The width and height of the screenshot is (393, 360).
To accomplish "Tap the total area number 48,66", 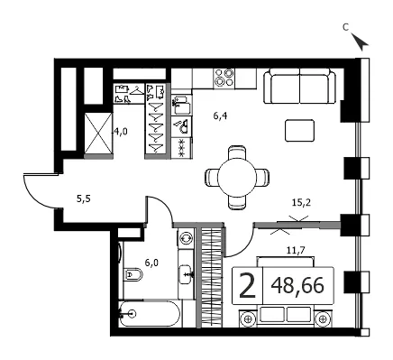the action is click(297, 285).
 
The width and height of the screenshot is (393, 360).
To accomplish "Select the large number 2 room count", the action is click(247, 286).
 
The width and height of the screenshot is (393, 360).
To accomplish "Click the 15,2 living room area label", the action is click(301, 203).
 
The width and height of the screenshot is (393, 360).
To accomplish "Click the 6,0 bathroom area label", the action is click(151, 263).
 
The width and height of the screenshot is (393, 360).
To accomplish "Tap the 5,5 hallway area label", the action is click(84, 198).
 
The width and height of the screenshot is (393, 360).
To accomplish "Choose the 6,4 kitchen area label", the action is click(220, 116).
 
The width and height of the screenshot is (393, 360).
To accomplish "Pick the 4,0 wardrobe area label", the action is click(120, 132).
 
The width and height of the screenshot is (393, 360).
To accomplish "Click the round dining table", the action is click(237, 178).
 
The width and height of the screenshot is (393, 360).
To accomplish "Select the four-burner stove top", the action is click(224, 78).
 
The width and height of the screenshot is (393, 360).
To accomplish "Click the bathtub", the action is click(150, 314).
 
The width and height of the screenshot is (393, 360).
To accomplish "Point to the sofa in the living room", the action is click(300, 86).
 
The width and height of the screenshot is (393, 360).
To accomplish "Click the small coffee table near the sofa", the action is click(299, 130).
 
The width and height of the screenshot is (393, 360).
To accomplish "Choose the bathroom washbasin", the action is click(187, 274).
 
